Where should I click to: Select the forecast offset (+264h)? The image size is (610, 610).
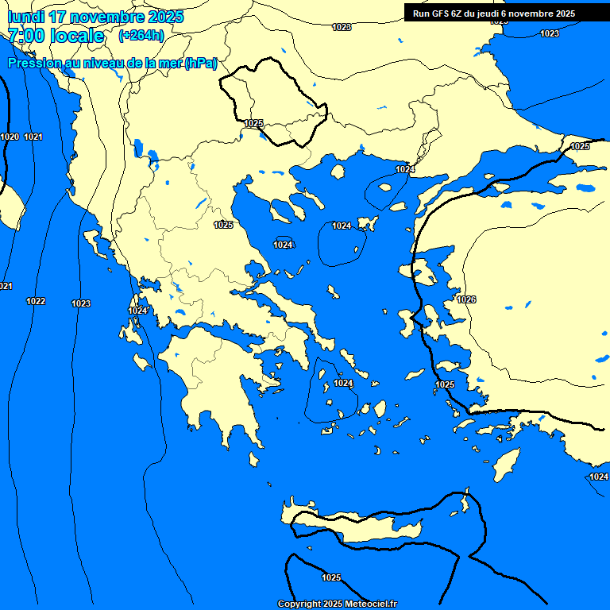[x=141, y=35]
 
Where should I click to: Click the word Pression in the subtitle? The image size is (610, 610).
[x=34, y=64]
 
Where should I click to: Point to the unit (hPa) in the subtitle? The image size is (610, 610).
[x=200, y=64]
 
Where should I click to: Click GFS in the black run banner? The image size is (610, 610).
[x=439, y=14]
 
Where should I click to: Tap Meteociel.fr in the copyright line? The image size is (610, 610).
[x=369, y=604]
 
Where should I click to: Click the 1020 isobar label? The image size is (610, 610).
[x=10, y=137]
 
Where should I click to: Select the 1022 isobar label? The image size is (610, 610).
[x=36, y=301]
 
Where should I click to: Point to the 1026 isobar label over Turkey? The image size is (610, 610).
[x=466, y=299]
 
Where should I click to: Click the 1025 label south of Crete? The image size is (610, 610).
[x=332, y=577]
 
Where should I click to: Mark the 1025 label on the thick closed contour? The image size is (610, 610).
[x=254, y=123]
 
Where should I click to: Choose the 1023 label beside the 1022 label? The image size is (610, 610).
[x=81, y=303]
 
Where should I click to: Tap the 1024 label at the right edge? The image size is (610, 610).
[x=599, y=477]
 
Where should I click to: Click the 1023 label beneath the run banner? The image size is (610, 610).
[x=549, y=33]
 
